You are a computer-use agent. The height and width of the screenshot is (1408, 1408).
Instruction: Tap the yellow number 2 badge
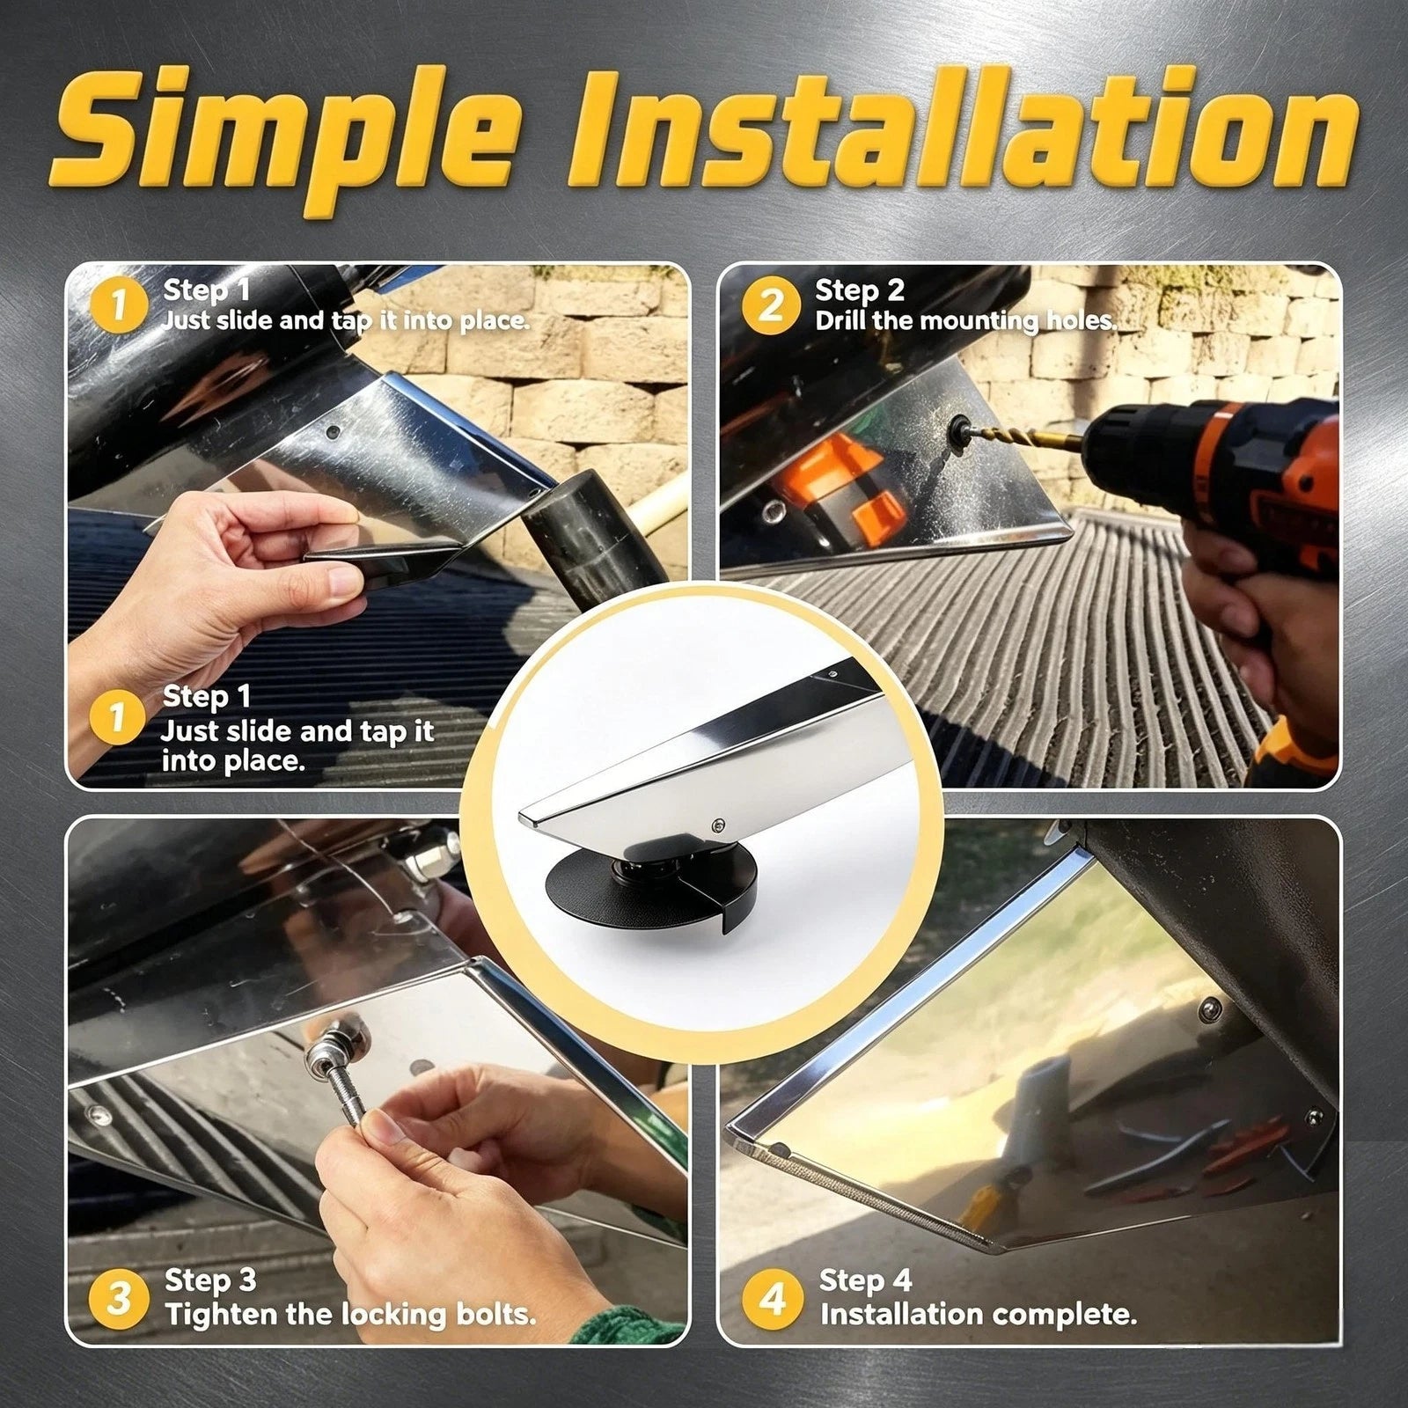point(770,305)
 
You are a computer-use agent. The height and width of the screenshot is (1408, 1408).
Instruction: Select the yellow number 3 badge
point(118,1299)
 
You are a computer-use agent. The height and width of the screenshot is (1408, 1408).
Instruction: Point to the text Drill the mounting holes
point(965,320)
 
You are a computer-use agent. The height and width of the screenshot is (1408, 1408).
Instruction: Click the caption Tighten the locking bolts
point(350,1315)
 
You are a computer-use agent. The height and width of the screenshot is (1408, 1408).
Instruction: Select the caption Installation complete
point(978,1315)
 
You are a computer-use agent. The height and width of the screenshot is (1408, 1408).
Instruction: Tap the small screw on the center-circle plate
point(718,824)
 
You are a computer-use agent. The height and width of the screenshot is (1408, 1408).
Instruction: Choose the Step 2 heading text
point(859,290)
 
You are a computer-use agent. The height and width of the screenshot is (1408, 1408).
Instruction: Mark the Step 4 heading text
point(864,1280)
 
